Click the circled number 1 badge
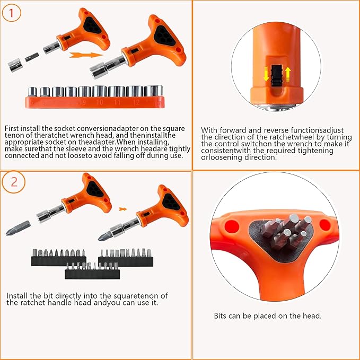pyautogui.click(x=11, y=13)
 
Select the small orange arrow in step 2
pyautogui.click(x=122, y=209)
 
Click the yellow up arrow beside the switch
pyautogui.click(x=288, y=74)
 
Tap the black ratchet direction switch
pyautogui.click(x=276, y=76)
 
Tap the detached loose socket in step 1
pyautogui.click(x=15, y=66)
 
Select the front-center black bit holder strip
pyautogui.click(x=92, y=273)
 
